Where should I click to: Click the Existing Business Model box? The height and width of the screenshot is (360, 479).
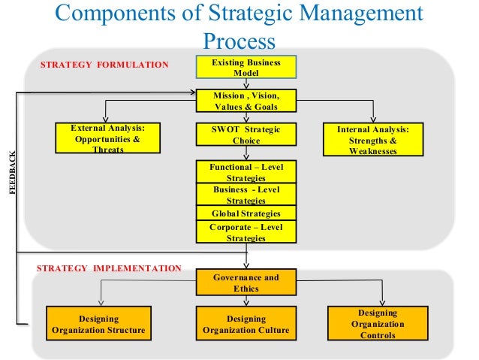click(246, 68)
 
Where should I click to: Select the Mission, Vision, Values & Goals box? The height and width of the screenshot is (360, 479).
click(246, 101)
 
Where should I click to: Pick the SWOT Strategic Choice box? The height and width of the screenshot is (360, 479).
click(246, 135)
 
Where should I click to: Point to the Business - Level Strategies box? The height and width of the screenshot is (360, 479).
click(246, 195)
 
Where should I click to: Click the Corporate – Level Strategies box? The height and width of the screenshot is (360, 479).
click(246, 232)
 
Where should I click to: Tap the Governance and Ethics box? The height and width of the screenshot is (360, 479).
click(246, 283)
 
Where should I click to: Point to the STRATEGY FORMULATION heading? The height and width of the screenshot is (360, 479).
click(104, 65)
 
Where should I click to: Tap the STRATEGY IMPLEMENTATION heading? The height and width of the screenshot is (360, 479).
click(109, 268)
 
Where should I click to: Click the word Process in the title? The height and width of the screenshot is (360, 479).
click(239, 41)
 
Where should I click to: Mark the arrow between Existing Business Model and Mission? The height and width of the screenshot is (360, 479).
click(246, 85)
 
